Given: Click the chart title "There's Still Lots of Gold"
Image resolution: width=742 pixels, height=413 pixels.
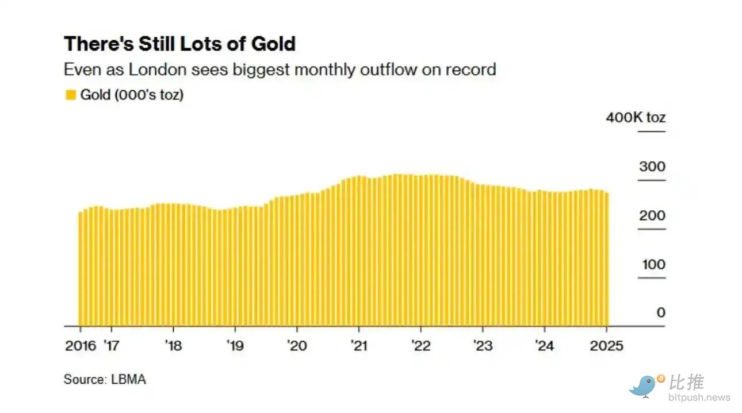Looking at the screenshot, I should pyautogui.click(x=179, y=44).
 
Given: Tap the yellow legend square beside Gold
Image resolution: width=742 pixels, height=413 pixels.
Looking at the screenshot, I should pyautogui.click(x=71, y=95).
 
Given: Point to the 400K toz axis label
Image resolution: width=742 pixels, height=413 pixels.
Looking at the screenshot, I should pyautogui.click(x=636, y=118).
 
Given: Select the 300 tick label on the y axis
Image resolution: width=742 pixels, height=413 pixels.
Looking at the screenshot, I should pyautogui.click(x=652, y=167).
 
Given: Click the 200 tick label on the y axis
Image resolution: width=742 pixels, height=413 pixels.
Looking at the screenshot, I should pyautogui.click(x=652, y=216).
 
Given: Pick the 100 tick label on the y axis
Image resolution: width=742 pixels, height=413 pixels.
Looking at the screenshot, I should pyautogui.click(x=652, y=265).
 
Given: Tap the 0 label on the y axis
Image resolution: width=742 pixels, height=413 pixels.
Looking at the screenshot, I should pyautogui.click(x=660, y=313).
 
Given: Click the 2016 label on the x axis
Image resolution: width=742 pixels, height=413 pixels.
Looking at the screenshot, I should pyautogui.click(x=81, y=346).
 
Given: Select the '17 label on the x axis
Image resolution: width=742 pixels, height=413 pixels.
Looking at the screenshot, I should pyautogui.click(x=111, y=346).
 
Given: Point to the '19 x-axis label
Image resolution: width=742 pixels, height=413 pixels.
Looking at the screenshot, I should pyautogui.click(x=235, y=346).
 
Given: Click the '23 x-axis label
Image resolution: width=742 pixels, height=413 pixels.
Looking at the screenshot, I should pyautogui.click(x=482, y=346).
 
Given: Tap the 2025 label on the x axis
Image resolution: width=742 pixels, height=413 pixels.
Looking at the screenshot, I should pyautogui.click(x=606, y=346).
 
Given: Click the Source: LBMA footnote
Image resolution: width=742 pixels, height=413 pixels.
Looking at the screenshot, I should pyautogui.click(x=105, y=380).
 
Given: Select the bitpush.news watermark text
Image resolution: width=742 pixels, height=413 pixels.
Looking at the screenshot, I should pyautogui.click(x=699, y=397).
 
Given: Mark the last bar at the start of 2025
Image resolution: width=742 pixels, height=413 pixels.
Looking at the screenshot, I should pyautogui.click(x=607, y=258).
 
